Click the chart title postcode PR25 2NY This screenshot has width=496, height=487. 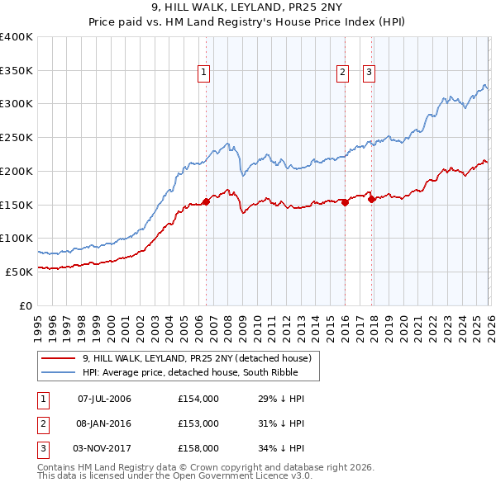327,7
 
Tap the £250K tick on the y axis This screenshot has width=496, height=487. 17,137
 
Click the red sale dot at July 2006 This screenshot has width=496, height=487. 206,202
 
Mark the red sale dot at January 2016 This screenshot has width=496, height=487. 345,203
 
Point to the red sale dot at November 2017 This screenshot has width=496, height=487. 371,199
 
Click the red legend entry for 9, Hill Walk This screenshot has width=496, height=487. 196,358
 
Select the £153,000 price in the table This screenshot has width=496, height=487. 198,423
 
